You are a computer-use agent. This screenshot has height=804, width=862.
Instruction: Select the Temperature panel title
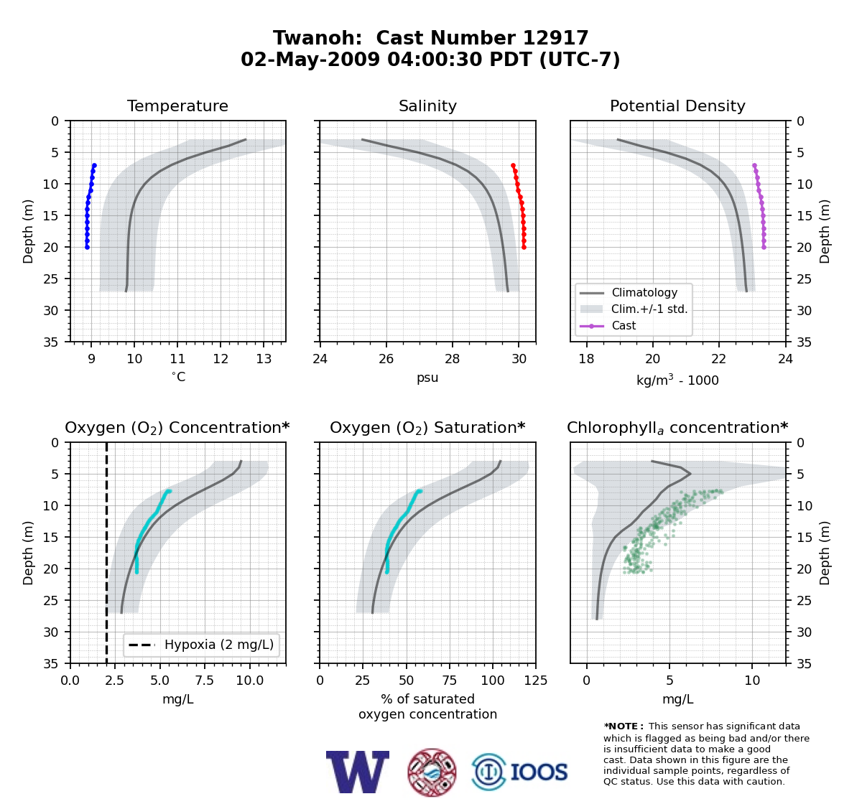click(177, 106)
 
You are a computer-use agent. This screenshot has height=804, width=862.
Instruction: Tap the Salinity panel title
click(427, 106)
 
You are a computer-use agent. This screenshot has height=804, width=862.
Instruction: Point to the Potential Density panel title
click(677, 106)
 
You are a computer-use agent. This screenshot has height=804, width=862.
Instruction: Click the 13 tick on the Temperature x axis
click(264, 359)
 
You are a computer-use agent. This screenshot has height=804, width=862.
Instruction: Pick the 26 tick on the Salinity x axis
click(386, 359)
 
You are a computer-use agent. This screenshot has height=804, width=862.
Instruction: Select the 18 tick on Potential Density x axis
click(586, 359)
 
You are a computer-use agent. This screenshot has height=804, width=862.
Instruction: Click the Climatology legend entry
click(644, 292)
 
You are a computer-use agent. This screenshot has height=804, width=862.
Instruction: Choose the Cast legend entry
click(624, 325)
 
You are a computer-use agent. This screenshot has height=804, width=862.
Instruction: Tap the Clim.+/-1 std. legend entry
click(649, 309)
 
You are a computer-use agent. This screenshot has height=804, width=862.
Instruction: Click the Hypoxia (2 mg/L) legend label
click(219, 645)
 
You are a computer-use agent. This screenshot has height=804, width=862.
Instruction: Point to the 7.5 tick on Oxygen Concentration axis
click(205, 680)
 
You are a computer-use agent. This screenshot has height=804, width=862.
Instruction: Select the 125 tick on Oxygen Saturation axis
click(536, 680)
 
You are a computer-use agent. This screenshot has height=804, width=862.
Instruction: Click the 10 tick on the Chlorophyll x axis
click(752, 680)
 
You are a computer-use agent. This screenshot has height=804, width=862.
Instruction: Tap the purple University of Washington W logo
click(357, 772)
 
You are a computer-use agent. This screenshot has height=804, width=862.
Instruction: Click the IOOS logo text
click(539, 772)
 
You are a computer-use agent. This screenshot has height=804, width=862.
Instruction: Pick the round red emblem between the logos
click(432, 772)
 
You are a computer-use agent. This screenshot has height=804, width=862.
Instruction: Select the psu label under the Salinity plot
click(427, 378)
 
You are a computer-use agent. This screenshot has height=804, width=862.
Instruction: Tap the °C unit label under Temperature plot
click(178, 377)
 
